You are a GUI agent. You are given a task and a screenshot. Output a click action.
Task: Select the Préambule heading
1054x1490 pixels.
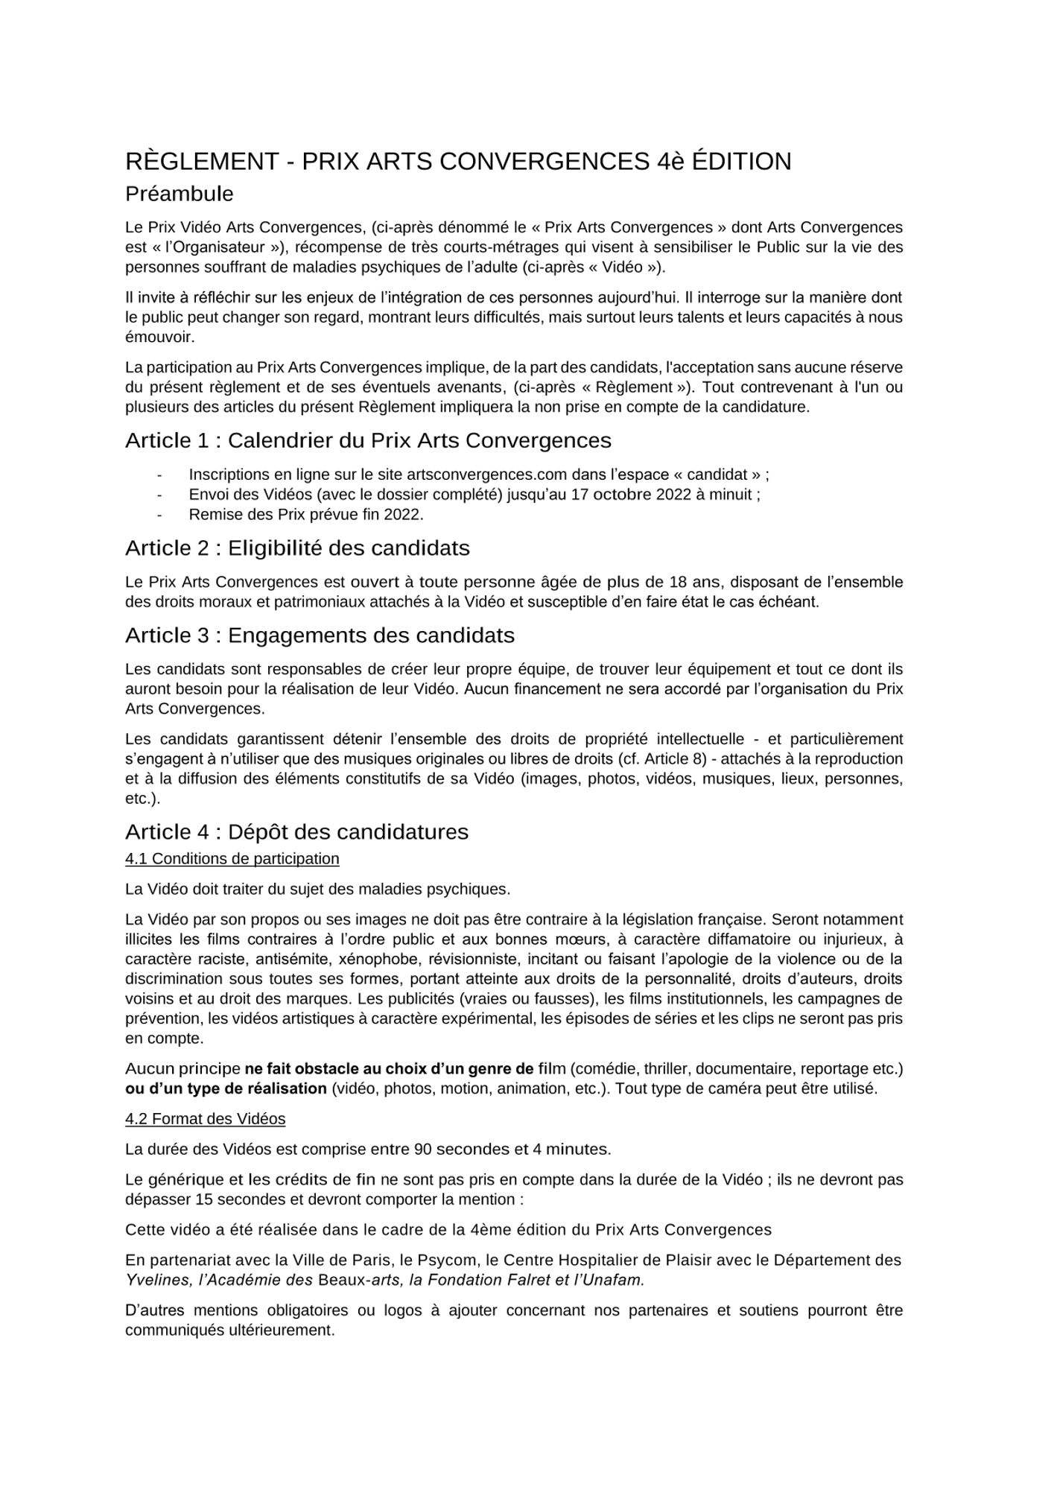tap(179, 194)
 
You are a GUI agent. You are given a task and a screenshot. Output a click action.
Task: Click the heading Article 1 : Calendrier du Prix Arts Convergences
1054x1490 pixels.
tap(368, 441)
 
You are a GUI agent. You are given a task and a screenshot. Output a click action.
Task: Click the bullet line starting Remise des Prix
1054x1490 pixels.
tap(305, 515)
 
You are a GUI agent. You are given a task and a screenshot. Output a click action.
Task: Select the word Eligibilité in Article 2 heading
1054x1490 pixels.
tap(274, 548)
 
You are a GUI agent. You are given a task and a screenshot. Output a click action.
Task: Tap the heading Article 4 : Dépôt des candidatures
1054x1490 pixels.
tap(296, 831)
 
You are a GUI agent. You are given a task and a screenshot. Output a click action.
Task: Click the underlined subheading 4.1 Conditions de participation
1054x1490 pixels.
tap(232, 859)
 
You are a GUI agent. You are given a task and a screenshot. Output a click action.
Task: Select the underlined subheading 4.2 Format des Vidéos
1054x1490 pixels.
tap(205, 1119)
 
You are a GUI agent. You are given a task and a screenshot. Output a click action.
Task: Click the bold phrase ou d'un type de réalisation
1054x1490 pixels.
tap(226, 1088)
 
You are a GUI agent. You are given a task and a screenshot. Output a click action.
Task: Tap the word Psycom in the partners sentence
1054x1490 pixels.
tap(445, 1261)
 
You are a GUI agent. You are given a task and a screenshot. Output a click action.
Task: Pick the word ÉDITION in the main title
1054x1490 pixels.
tap(740, 162)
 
